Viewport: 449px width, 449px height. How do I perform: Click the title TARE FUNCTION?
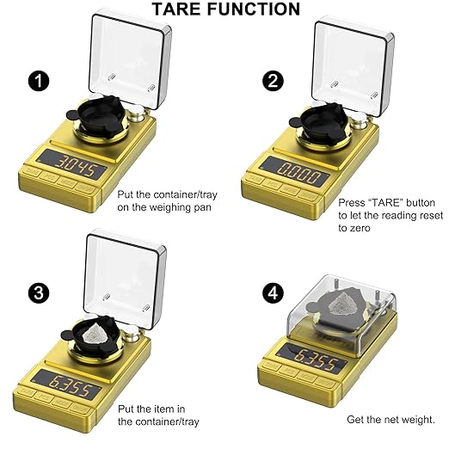point(226,9)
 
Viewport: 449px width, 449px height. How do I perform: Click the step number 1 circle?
point(38,82)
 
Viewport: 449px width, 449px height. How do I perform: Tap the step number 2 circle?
point(274,82)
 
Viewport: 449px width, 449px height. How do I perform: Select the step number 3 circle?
point(38,292)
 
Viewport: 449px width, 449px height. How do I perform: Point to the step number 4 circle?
point(274,292)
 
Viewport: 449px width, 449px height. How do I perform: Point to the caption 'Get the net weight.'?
point(391,420)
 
